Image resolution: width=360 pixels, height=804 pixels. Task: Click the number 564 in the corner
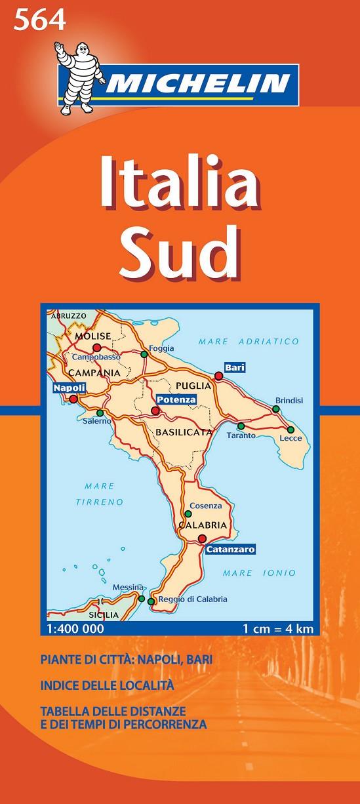click(x=40, y=22)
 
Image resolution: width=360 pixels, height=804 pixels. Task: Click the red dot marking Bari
click(x=219, y=376)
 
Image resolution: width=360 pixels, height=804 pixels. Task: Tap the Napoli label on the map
click(x=70, y=388)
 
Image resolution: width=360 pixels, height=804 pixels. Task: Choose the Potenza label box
click(x=176, y=399)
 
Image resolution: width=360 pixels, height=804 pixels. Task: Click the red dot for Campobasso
click(x=97, y=348)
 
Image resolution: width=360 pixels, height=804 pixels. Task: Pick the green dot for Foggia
click(x=144, y=355)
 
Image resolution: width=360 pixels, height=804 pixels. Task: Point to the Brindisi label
click(x=289, y=399)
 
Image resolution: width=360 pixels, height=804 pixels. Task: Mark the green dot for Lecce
click(x=290, y=430)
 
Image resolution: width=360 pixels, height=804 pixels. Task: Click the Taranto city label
click(x=241, y=435)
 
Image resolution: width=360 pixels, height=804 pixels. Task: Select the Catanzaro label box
click(x=230, y=550)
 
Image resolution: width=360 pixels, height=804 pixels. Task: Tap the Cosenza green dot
click(x=188, y=513)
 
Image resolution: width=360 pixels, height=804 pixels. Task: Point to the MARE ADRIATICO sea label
click(x=249, y=341)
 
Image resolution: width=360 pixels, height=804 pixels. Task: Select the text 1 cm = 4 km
click(x=278, y=629)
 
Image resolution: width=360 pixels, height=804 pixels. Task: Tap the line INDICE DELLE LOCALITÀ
click(x=107, y=685)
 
